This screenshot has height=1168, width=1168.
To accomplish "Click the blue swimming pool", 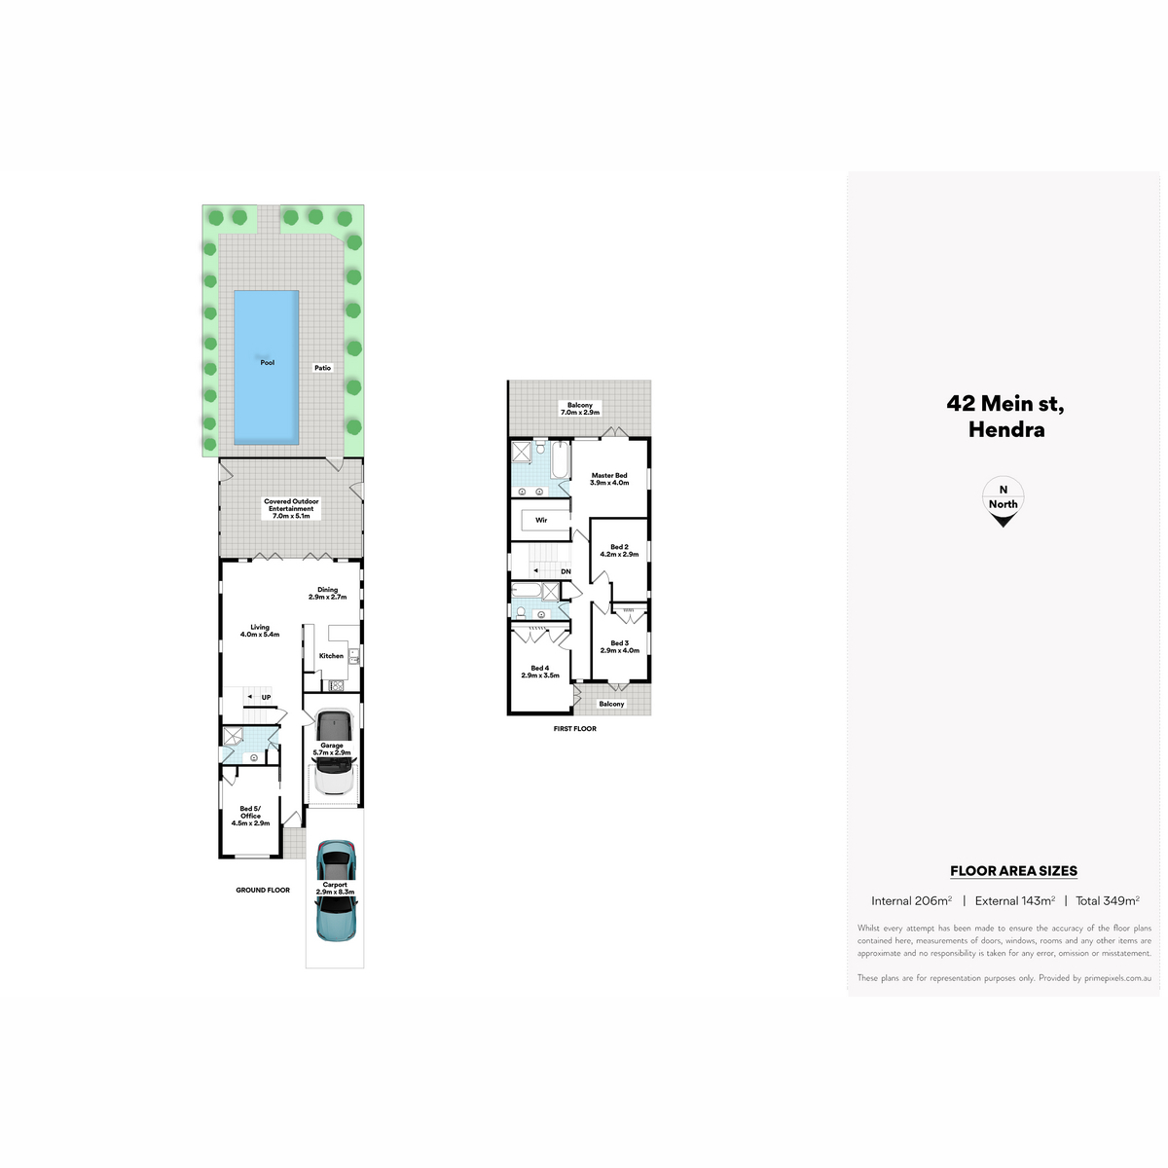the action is [x=266, y=367].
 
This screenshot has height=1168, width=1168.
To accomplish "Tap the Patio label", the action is [x=322, y=368].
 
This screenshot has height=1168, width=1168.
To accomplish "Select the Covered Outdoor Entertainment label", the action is [x=291, y=508].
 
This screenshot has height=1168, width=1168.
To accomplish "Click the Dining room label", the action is [x=327, y=593].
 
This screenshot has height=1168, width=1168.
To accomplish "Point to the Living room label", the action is [x=260, y=631].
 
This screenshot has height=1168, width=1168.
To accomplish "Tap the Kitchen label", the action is [x=331, y=656].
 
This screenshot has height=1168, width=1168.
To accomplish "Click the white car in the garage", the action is [x=332, y=752].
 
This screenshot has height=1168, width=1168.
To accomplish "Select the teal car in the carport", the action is [x=336, y=891].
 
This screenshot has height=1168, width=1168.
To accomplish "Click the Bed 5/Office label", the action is [x=250, y=816].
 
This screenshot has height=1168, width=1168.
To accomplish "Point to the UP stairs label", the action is [x=266, y=698].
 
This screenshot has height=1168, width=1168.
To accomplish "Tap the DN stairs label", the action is [x=566, y=571].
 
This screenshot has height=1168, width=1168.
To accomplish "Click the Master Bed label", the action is [x=609, y=479].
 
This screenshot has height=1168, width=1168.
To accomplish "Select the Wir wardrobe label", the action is [x=541, y=520].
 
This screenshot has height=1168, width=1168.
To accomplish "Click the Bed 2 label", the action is [x=619, y=550].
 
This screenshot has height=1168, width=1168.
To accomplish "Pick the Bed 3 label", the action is [x=619, y=646].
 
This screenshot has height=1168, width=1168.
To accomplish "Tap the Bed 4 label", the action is [x=540, y=672].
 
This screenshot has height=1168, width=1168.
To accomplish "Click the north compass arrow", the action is [x=1003, y=520].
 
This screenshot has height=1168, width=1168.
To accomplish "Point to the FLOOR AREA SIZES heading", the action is [x=1013, y=871].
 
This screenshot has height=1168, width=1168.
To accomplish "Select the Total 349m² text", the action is [x=1108, y=900].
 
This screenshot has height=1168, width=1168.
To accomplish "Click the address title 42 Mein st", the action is [x=1005, y=404].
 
